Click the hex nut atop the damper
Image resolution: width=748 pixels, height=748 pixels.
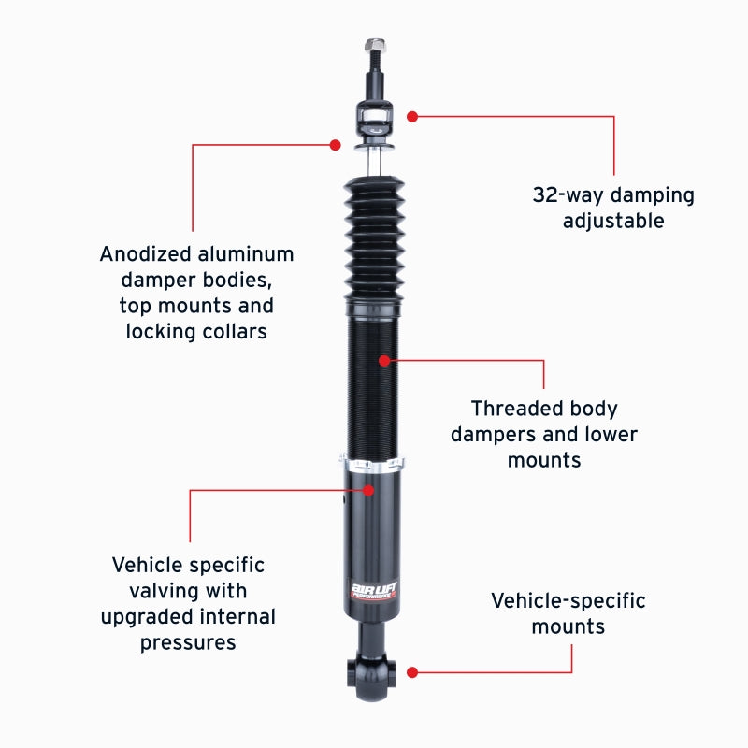(375, 45)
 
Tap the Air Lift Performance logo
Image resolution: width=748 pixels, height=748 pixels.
(373, 591)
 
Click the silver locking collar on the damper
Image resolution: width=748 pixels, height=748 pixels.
(372, 465)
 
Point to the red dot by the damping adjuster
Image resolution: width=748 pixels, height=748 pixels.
(412, 116)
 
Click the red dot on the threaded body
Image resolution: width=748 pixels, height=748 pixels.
(384, 361)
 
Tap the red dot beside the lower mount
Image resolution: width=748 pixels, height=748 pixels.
(412, 672)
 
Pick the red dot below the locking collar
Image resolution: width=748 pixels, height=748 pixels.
(367, 490)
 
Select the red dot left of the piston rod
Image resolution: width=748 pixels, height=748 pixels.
(336, 145)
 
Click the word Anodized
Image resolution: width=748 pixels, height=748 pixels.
(146, 253)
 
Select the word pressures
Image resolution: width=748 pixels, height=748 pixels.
(188, 643)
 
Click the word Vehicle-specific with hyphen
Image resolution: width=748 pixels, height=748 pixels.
(568, 601)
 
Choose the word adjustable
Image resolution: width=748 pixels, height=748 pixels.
(613, 222)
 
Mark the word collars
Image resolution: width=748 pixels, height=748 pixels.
(237, 331)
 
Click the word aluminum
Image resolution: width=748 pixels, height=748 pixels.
(246, 253)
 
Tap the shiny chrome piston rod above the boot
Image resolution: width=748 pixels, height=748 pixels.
(374, 162)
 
